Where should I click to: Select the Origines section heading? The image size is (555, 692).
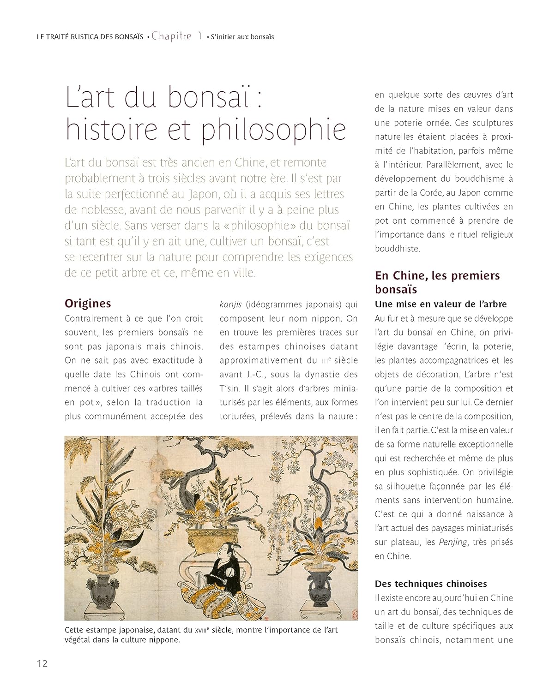point(88,304)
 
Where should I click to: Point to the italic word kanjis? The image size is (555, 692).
point(231,304)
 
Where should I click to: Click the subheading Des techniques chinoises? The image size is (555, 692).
point(431,584)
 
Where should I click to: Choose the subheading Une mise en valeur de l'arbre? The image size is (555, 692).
point(440,304)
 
